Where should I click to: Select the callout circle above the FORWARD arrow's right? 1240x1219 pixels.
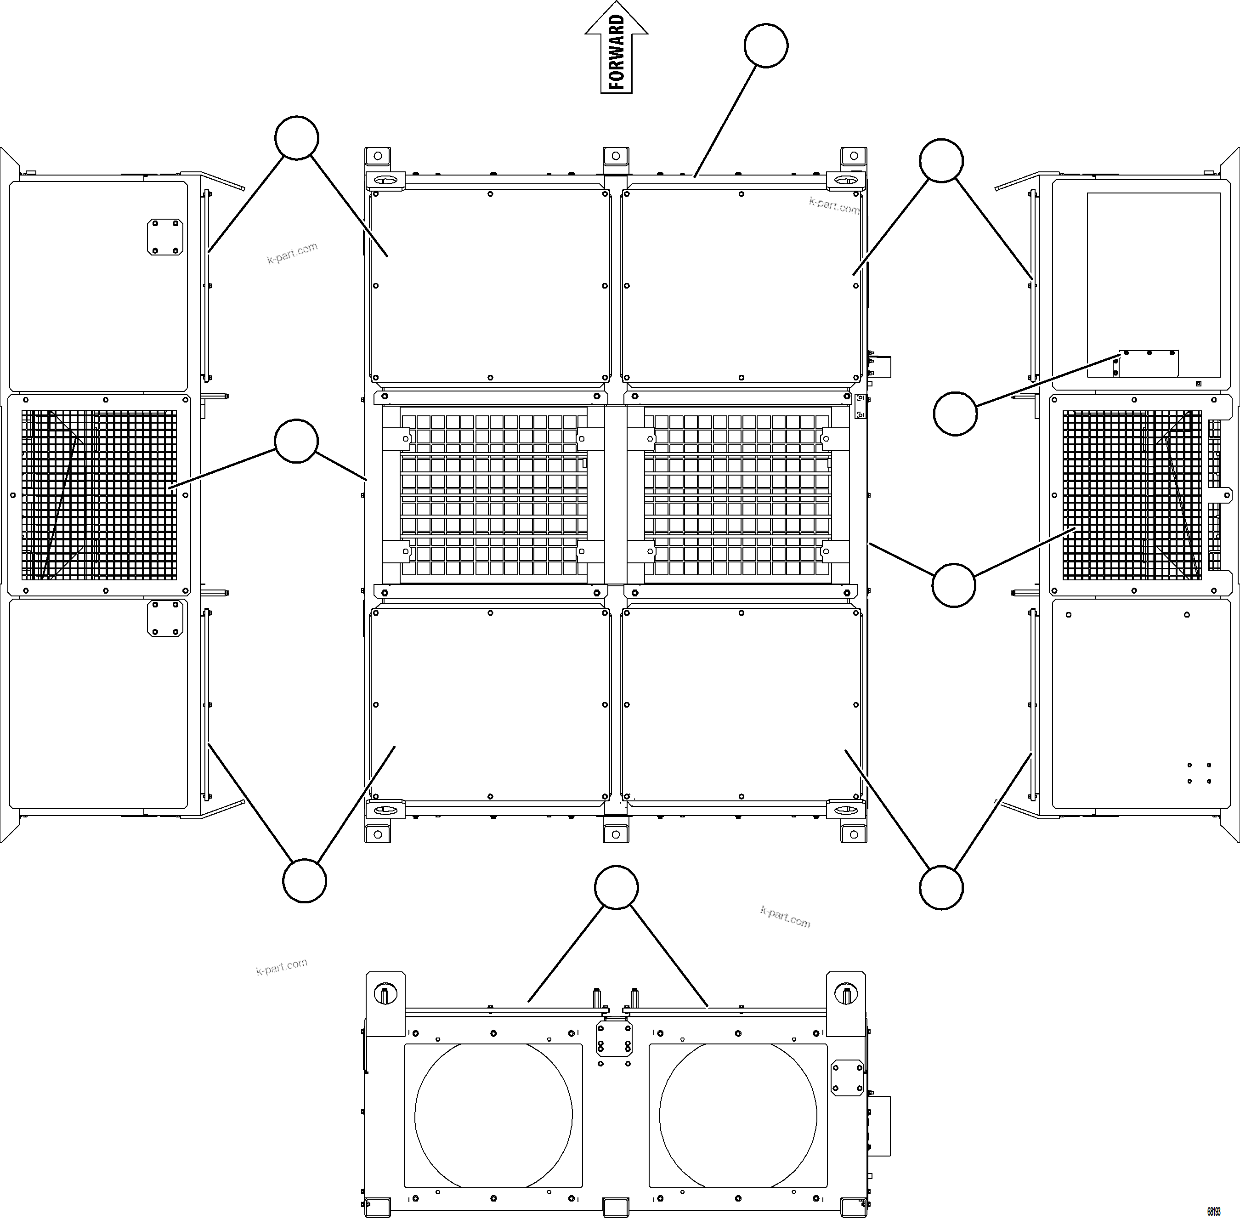click(765, 45)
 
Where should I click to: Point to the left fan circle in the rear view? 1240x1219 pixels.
click(493, 1115)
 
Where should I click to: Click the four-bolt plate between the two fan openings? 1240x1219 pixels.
click(614, 1038)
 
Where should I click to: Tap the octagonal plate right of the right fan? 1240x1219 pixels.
click(847, 1077)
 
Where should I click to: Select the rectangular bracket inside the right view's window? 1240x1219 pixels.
click(1149, 363)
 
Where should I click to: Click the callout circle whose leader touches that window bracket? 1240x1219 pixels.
click(955, 414)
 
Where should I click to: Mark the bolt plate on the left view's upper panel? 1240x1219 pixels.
click(165, 237)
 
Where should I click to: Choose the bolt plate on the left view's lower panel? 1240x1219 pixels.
click(165, 618)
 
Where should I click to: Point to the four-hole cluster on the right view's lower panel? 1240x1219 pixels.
click(1199, 773)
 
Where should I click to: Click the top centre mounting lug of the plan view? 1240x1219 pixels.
click(615, 156)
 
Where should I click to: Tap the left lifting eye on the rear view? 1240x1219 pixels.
click(385, 994)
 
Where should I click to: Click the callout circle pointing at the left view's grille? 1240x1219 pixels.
click(296, 441)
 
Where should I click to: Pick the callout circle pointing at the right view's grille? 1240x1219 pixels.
click(953, 584)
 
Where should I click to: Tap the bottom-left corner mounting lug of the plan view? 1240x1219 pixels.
click(378, 833)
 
